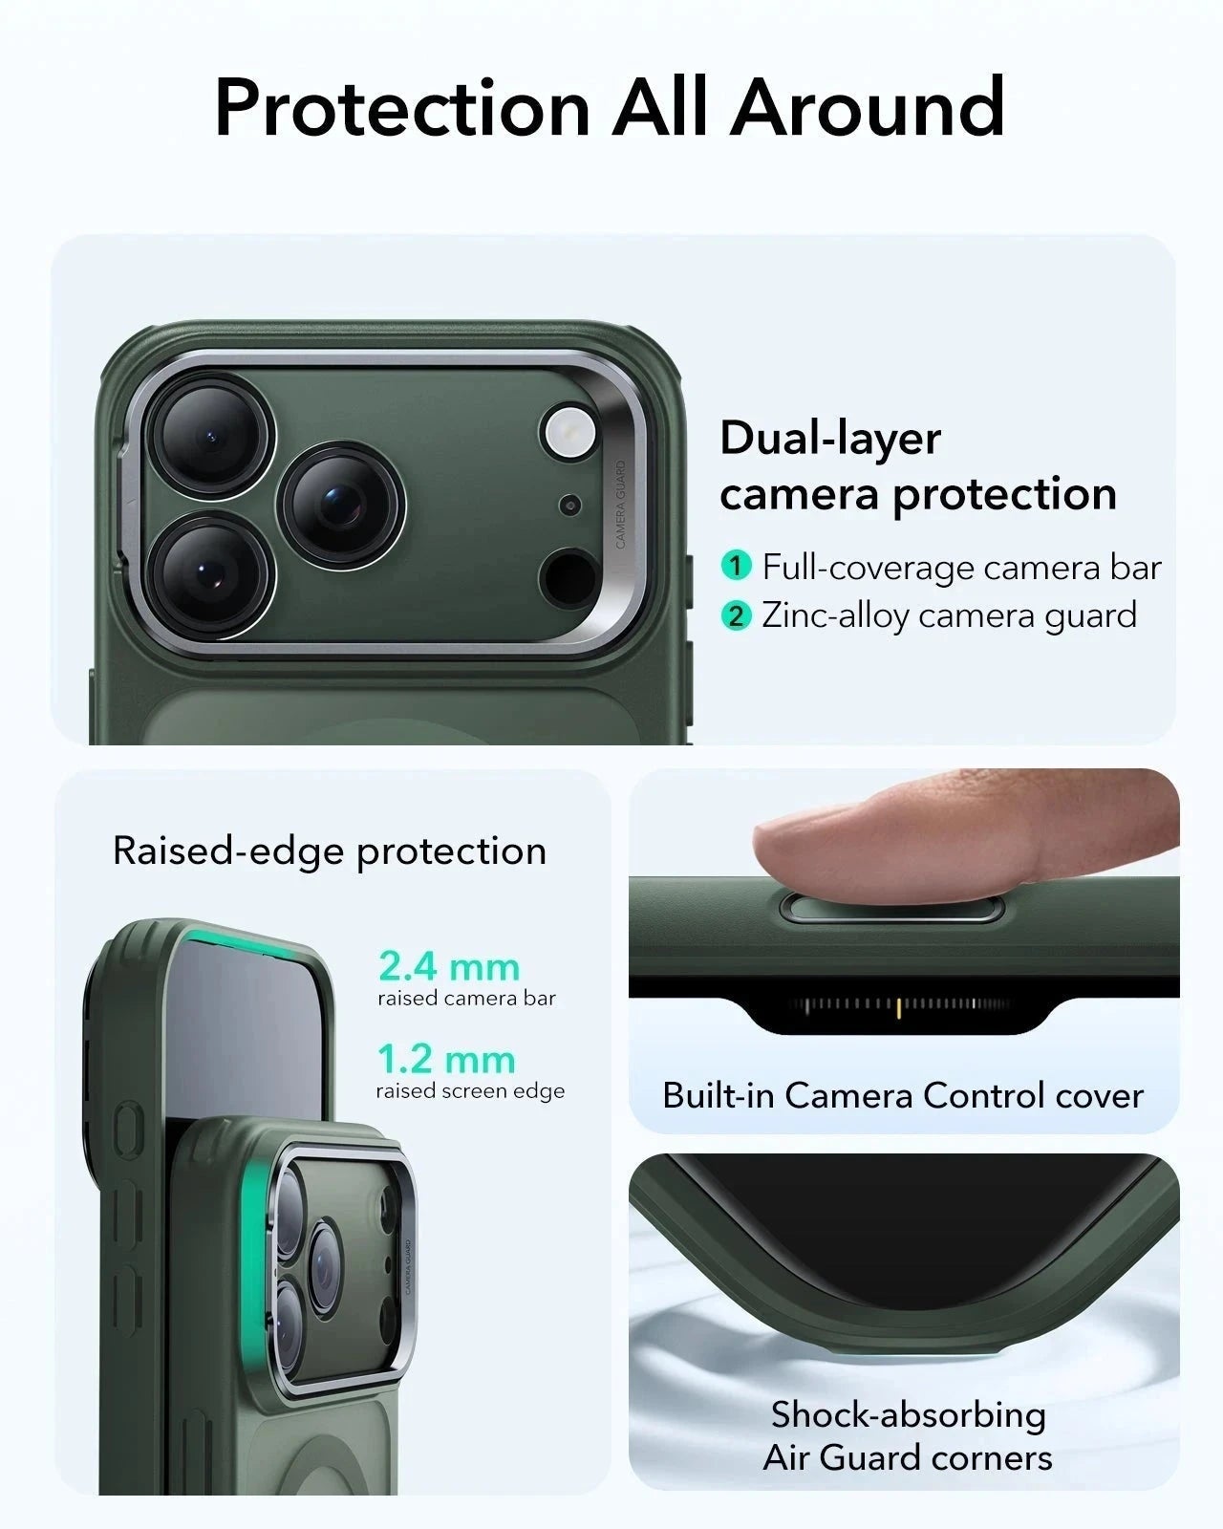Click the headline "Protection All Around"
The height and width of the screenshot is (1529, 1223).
[610, 107]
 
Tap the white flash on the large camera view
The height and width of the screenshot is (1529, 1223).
[569, 431]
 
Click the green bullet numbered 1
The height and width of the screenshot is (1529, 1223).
[736, 566]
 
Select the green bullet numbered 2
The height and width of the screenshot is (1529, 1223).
[736, 615]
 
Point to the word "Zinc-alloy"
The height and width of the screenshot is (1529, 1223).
[834, 615]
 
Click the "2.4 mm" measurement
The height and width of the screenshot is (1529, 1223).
[449, 966]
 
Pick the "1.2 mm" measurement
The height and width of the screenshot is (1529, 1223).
[446, 1059]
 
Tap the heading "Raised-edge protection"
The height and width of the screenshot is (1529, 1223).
[330, 851]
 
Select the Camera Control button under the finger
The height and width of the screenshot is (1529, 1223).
[890, 909]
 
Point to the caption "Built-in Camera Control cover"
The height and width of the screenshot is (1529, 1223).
[903, 1095]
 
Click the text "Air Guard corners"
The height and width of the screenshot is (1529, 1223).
[908, 1457]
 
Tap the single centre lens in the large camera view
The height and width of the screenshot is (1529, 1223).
[340, 505]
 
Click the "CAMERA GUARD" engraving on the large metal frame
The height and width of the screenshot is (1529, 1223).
[620, 504]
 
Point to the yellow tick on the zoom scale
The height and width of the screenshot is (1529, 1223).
[899, 1006]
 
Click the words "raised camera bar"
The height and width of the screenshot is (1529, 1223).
[466, 999]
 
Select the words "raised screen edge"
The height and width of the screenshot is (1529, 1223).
[470, 1091]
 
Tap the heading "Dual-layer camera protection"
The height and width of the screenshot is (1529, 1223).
[917, 466]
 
